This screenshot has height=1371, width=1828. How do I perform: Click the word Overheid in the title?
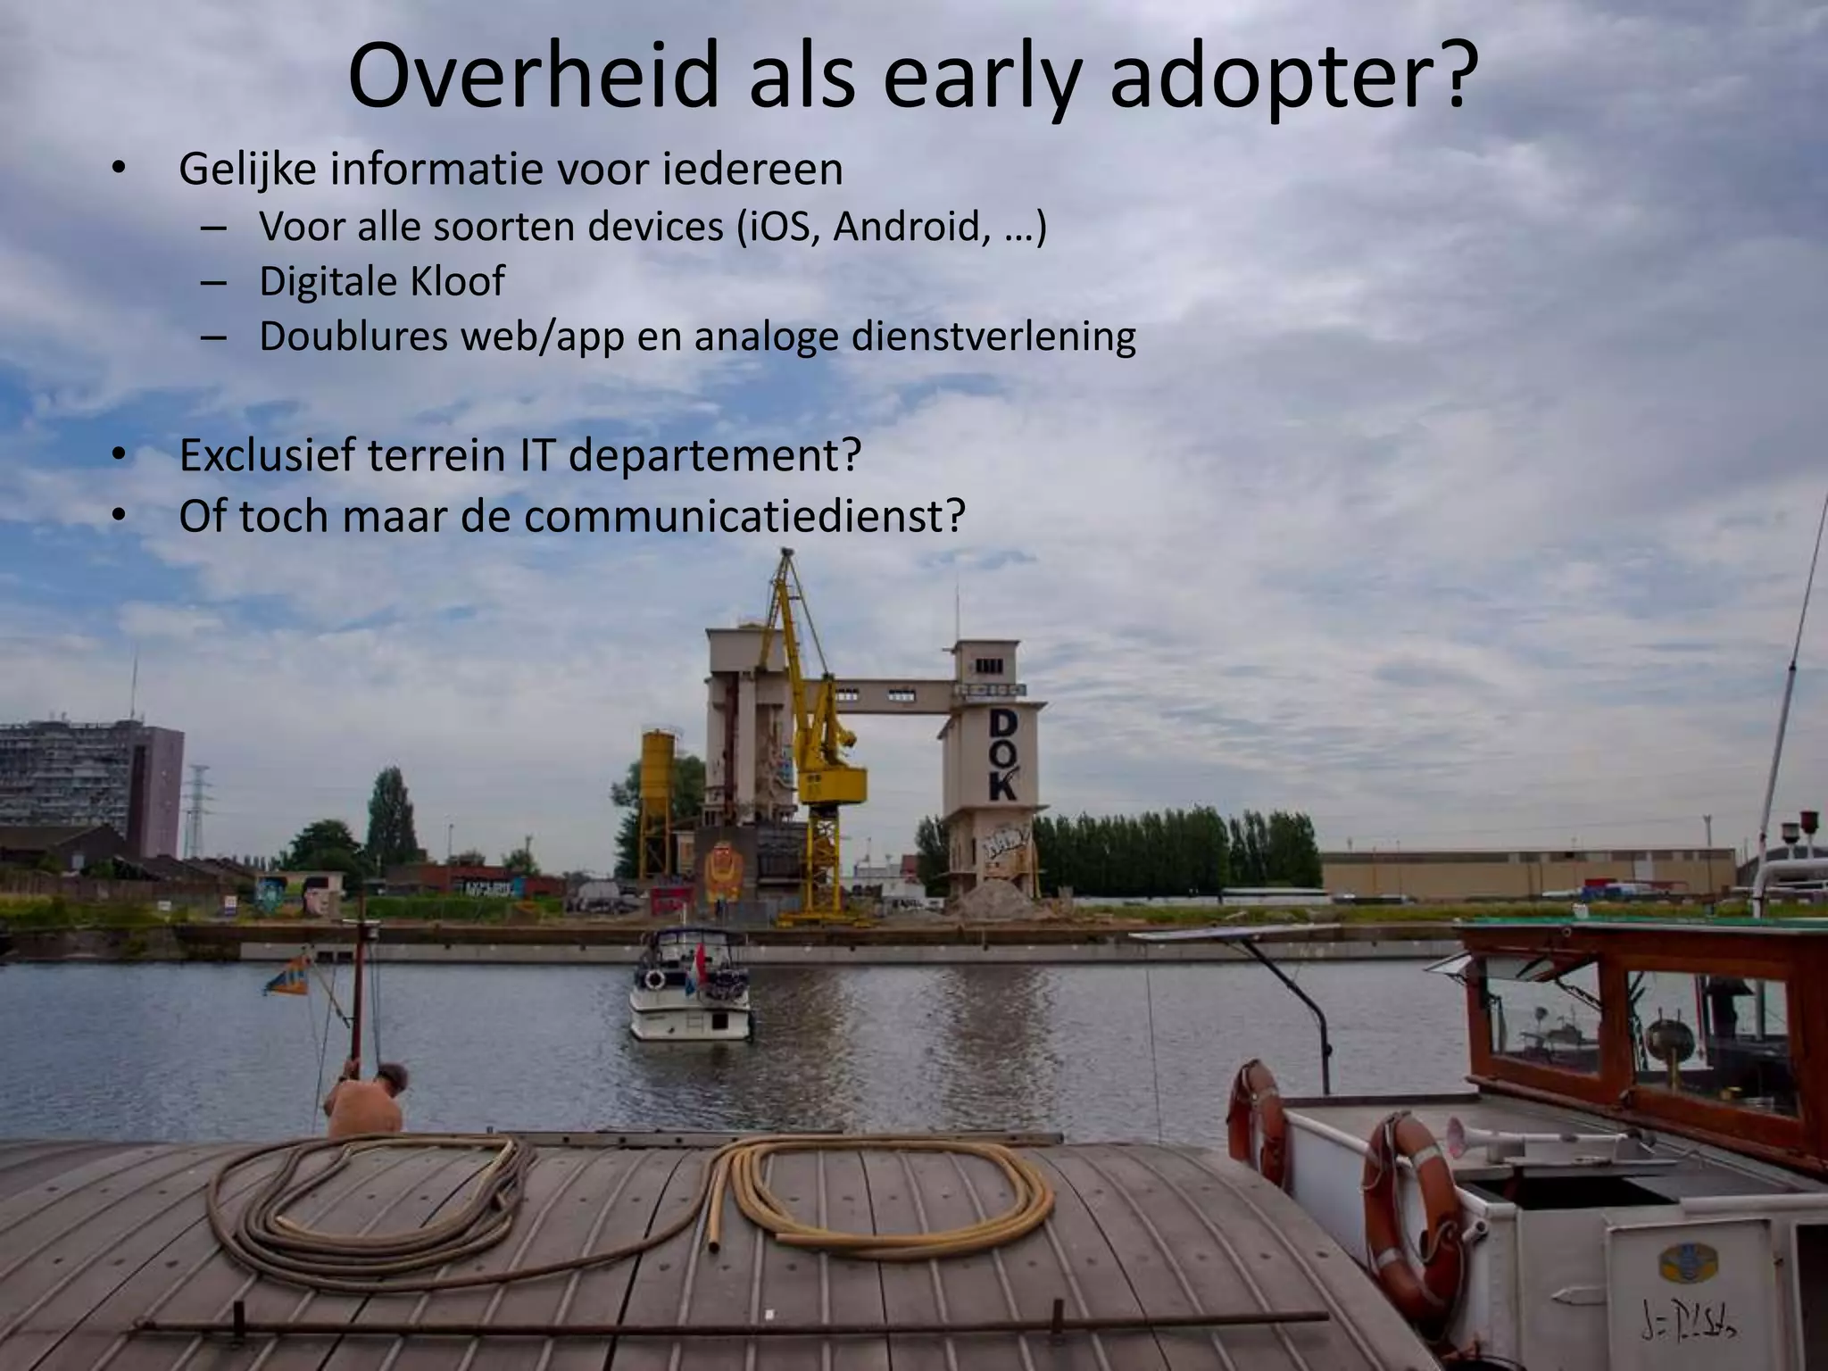point(533,76)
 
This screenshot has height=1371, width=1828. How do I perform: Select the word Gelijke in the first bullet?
point(247,170)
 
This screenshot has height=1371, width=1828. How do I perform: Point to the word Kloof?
point(457,281)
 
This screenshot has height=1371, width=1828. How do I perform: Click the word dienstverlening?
point(993,337)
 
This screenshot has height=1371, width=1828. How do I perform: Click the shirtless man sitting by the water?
point(367,1101)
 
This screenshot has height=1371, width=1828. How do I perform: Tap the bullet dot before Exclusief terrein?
point(118,456)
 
